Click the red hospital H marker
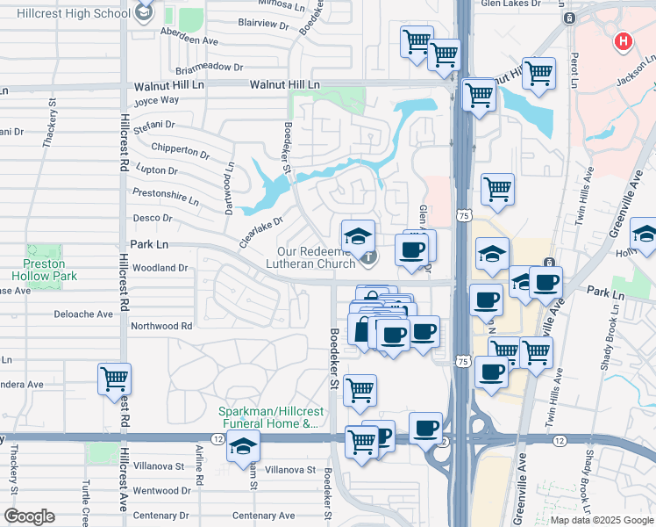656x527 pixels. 624,41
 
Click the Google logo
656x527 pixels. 30,516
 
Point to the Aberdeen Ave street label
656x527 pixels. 189,40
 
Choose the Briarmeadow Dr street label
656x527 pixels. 209,67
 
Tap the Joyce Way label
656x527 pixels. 155,100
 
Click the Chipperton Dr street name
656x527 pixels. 180,151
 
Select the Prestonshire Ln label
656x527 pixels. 165,193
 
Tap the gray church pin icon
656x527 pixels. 369,257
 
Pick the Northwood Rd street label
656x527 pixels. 160,326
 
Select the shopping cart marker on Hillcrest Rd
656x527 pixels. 115,379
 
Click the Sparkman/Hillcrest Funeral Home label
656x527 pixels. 268,417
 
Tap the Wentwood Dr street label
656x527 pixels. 162,491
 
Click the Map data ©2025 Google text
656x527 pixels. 601,520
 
